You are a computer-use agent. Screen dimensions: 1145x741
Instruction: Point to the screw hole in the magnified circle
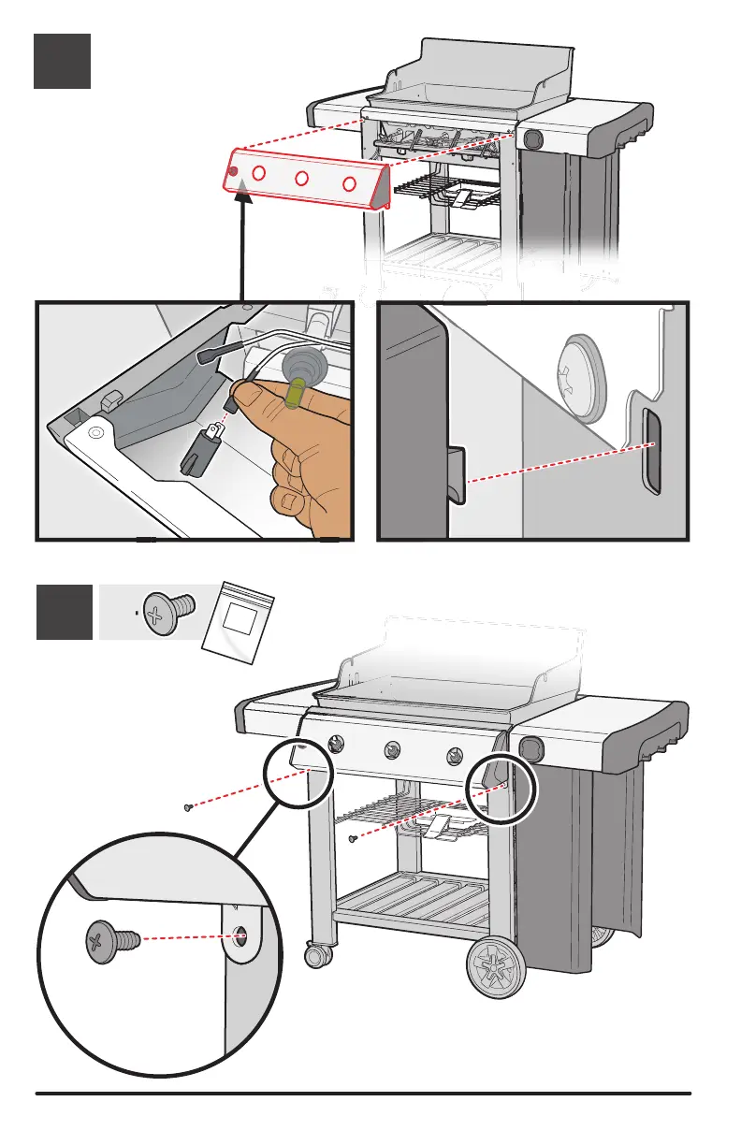point(240,935)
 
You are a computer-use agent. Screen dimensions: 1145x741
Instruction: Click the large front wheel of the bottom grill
point(495,964)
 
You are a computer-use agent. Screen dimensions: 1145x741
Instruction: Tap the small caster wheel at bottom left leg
point(318,955)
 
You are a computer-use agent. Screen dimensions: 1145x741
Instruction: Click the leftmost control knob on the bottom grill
point(335,745)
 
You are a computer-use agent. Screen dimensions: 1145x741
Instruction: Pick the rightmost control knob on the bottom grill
point(455,756)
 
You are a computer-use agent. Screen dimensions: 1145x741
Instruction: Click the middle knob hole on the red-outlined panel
point(302,179)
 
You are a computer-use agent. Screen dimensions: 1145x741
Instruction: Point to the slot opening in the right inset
point(650,454)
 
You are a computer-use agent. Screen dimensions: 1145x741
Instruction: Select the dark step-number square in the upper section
point(62,61)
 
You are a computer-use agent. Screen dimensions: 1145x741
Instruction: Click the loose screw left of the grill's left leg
point(188,805)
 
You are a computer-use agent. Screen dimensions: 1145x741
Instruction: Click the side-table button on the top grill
point(533,139)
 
